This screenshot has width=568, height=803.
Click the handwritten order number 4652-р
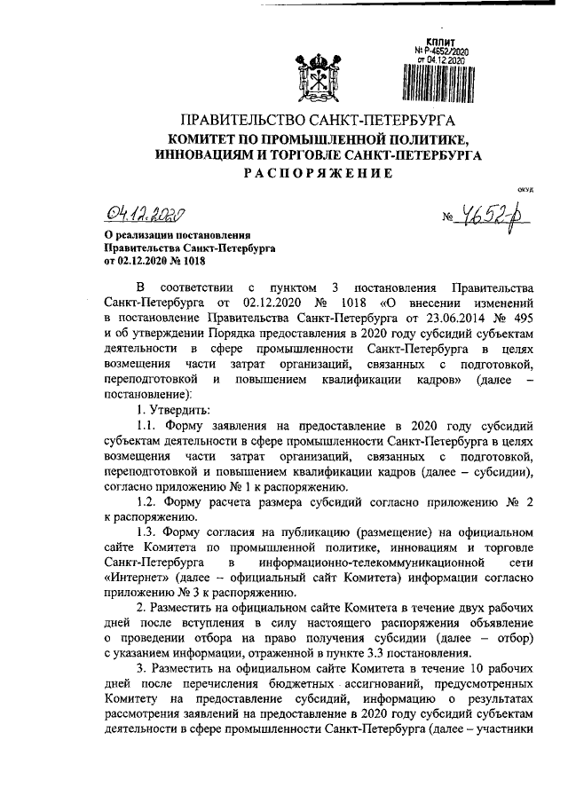coord(485,218)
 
